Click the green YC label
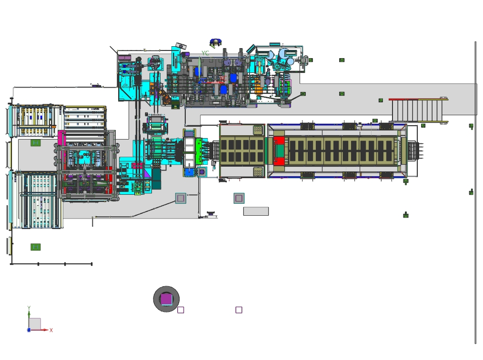[205, 53]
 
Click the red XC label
[223, 79]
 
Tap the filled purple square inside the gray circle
[167, 299]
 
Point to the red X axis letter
[51, 330]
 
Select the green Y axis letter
[29, 308]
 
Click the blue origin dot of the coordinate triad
[29, 330]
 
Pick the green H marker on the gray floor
[36, 142]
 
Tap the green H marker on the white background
[36, 247]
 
